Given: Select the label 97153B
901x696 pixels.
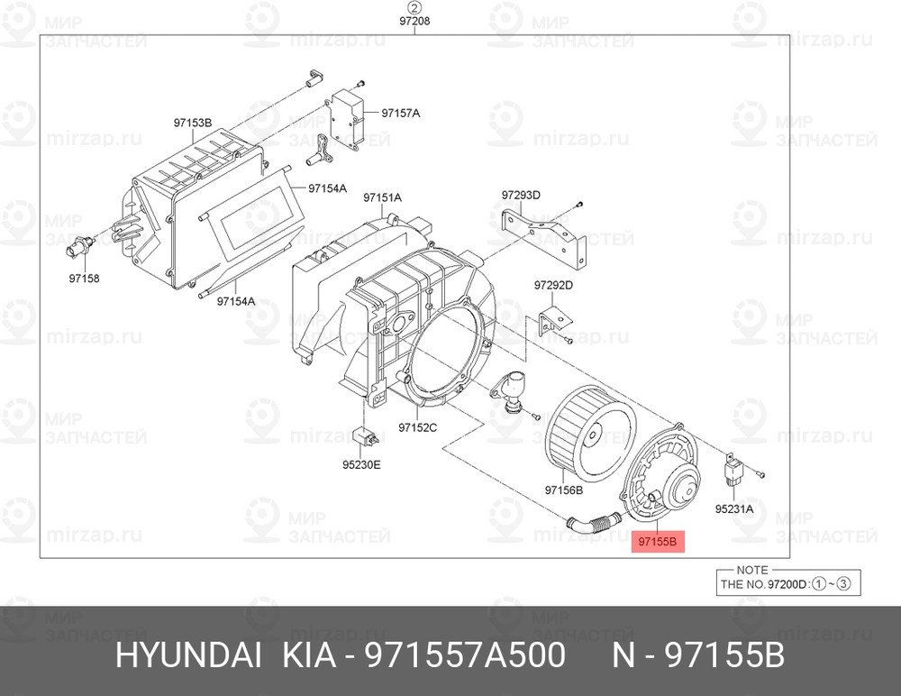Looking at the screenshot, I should [x=193, y=122].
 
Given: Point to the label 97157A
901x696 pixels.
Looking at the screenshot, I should [x=401, y=113].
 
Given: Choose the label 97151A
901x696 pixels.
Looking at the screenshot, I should [x=382, y=197].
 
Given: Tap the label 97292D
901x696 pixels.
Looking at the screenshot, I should [x=553, y=286].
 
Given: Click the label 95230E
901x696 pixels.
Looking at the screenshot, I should [x=361, y=465].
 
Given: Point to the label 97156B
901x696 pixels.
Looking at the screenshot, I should [x=564, y=490].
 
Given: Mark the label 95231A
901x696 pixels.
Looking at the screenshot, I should [x=734, y=508].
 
